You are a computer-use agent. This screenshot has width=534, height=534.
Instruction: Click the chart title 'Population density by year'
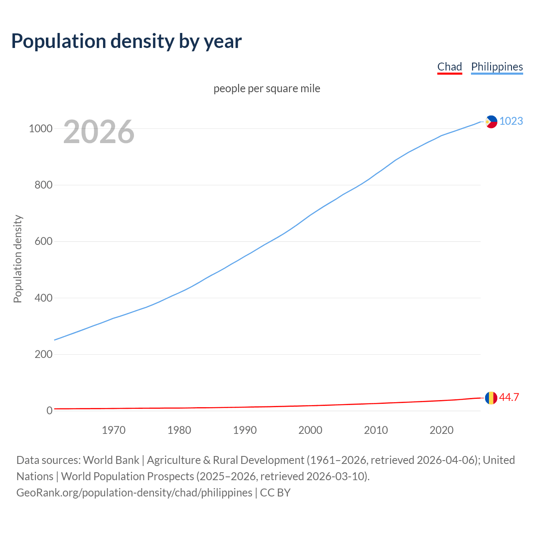tap(126, 41)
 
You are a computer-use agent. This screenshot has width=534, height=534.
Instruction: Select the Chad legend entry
tap(449, 67)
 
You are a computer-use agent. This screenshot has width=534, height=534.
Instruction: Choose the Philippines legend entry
tap(496, 67)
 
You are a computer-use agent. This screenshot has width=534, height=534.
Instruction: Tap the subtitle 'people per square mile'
tap(267, 88)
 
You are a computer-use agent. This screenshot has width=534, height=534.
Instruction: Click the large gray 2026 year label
tap(99, 132)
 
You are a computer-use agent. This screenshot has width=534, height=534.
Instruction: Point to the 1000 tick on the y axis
tap(40, 128)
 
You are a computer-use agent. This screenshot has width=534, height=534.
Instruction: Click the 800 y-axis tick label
tap(43, 185)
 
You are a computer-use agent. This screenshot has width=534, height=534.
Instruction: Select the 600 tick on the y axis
tap(43, 242)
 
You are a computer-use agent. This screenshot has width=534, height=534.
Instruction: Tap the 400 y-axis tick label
tap(43, 298)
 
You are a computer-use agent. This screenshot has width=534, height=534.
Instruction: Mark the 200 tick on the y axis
tap(43, 354)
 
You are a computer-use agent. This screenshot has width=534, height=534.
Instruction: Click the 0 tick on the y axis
tap(50, 411)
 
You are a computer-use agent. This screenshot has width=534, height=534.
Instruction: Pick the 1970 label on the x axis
tap(113, 430)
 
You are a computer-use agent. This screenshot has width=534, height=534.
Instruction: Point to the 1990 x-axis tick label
tap(245, 430)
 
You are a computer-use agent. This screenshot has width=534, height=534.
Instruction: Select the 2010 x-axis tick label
tap(376, 430)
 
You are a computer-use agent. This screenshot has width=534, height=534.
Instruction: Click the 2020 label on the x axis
tap(441, 430)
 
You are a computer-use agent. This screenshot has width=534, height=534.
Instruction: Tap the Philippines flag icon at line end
tap(491, 122)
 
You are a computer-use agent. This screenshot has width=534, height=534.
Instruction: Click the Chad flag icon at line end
tap(491, 398)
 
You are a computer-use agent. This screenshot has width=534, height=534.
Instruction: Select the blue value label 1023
tap(511, 121)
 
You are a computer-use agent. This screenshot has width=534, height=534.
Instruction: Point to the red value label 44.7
tap(509, 397)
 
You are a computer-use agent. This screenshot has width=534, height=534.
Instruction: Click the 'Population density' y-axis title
tap(18, 259)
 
